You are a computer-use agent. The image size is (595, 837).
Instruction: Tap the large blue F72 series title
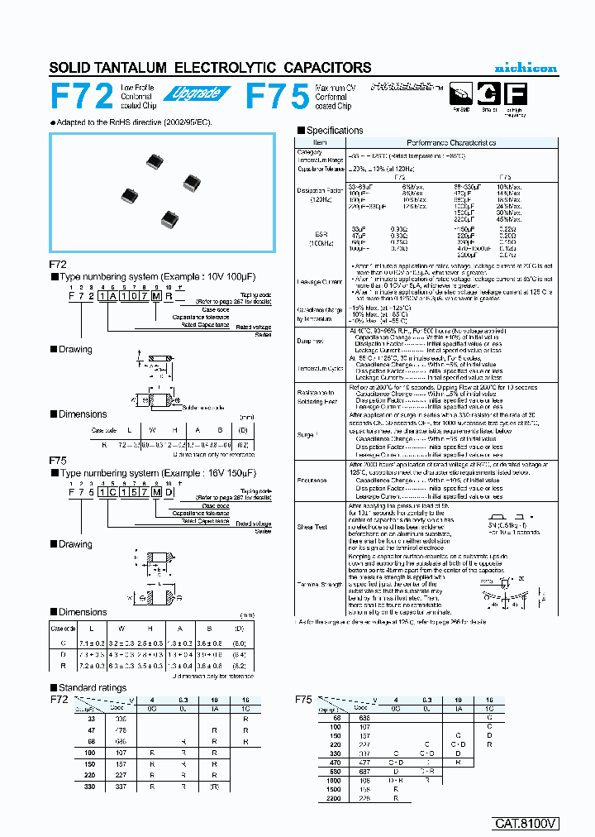point(82,97)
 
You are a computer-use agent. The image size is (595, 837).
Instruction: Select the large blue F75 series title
point(278,97)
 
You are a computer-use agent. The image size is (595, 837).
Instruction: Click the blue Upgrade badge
point(196,93)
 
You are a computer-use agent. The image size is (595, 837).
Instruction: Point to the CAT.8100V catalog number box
point(526,823)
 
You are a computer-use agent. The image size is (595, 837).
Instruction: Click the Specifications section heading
point(334,131)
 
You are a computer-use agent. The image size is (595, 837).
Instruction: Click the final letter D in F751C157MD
point(171,490)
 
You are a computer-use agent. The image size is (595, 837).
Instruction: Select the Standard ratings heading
point(92,687)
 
